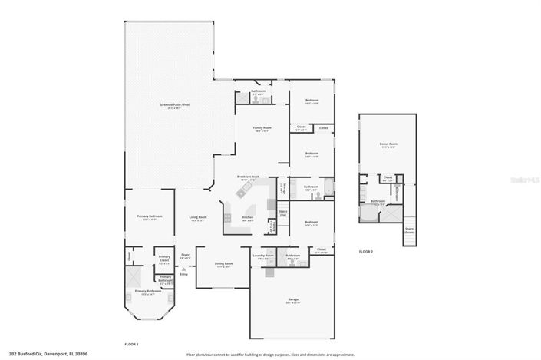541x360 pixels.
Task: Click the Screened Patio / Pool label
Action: click(x=169, y=106)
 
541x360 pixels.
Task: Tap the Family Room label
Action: click(x=263, y=128)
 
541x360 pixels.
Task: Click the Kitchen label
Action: click(x=248, y=218)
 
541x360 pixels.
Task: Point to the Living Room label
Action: click(x=198, y=217)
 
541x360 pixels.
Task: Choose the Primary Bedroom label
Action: click(x=150, y=217)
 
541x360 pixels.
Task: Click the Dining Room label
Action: click(x=223, y=265)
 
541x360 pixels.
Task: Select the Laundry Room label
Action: click(x=263, y=256)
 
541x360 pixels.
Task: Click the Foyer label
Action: click(x=184, y=256)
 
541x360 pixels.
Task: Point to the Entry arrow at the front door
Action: click(x=183, y=269)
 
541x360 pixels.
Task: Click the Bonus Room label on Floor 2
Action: click(x=388, y=144)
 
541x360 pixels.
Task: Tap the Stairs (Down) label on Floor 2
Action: click(x=409, y=230)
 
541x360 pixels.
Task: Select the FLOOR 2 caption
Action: click(x=366, y=252)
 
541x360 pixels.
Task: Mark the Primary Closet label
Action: click(x=164, y=259)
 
